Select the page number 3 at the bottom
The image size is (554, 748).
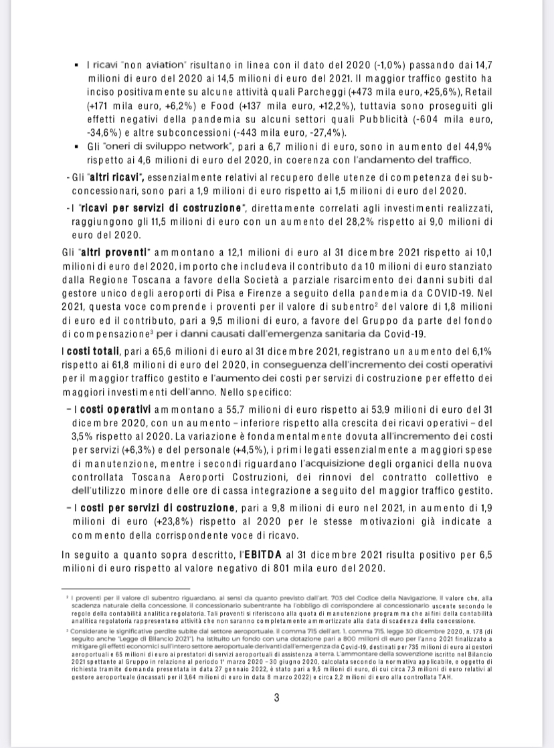click(276, 698)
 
